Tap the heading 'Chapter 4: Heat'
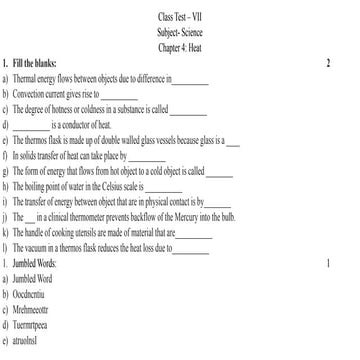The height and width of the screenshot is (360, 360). click(179, 46)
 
